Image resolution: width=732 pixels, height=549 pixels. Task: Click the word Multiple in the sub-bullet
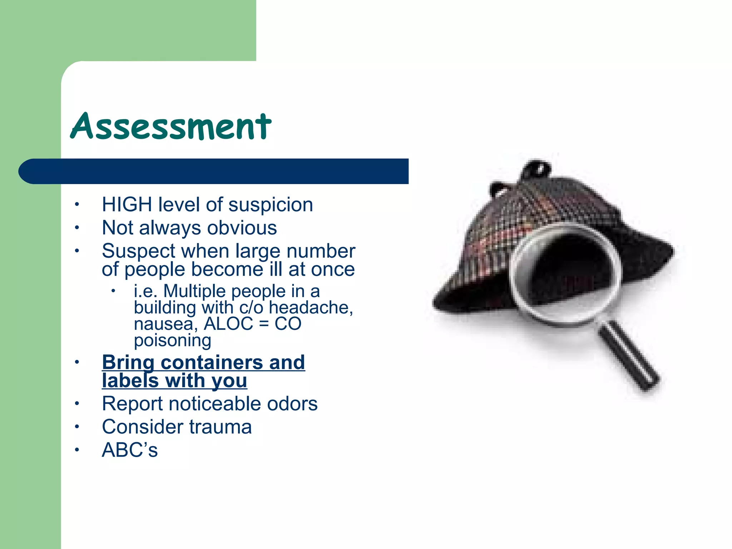pyautogui.click(x=196, y=291)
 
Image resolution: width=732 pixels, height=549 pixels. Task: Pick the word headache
pyautogui.click(x=311, y=308)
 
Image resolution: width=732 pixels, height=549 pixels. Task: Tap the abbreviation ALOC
pyautogui.click(x=228, y=324)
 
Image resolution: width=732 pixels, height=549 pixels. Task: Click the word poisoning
pyautogui.click(x=172, y=341)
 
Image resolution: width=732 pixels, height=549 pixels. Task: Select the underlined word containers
pyautogui.click(x=212, y=362)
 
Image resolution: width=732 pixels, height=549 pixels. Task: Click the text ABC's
pyautogui.click(x=130, y=450)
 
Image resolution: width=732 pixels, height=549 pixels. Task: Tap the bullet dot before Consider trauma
pyautogui.click(x=76, y=427)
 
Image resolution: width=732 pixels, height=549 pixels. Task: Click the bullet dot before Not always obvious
pyautogui.click(x=76, y=228)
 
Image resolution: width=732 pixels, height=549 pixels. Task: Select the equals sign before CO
pyautogui.click(x=263, y=324)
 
